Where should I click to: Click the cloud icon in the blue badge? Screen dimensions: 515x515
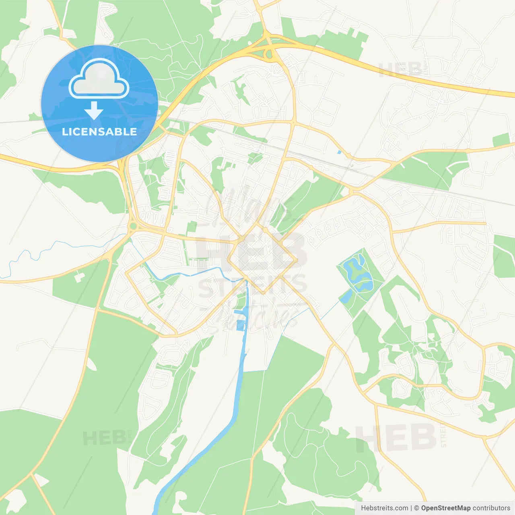coord(99,78)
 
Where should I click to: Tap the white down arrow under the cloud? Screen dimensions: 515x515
coord(94,110)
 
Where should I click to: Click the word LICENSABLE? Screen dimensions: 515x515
coord(99,132)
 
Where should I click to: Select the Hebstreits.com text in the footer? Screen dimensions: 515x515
coord(384,508)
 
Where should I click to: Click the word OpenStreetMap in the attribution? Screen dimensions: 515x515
coord(445,508)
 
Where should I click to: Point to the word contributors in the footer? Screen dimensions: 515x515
coord(491,508)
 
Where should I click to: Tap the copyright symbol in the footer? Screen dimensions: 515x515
coord(416,508)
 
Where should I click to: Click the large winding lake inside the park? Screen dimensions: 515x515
coord(358,274)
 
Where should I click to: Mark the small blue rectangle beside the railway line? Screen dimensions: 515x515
coord(339,152)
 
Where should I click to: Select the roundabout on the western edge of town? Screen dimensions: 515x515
coord(132,227)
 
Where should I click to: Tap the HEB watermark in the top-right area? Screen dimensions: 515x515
coord(400,70)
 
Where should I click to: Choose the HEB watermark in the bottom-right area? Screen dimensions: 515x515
coord(396,438)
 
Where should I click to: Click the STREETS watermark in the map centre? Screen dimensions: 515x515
coord(253,285)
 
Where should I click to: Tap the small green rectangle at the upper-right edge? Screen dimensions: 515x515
coord(501,140)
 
